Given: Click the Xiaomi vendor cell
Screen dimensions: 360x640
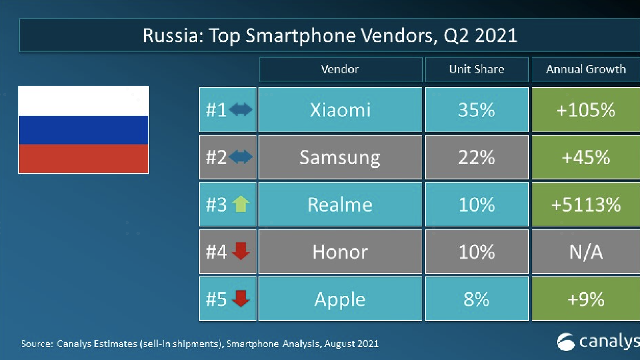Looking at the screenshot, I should coord(340,110).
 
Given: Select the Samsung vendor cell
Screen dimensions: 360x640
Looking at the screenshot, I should coord(340,157).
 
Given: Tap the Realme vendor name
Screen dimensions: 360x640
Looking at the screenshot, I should coord(340,205).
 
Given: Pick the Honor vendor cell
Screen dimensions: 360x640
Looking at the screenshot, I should coord(340,252).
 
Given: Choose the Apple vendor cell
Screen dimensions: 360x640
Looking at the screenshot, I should coord(340,299).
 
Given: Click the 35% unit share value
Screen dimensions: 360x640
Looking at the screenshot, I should coord(476,110).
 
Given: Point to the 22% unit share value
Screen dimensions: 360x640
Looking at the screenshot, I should coord(476,157).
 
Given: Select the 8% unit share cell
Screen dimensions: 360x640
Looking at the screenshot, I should coord(476,299).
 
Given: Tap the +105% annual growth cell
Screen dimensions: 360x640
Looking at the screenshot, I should coord(586,110).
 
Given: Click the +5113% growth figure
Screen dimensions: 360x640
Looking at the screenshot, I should coord(586,205).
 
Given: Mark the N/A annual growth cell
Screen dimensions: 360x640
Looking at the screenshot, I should coord(586,252).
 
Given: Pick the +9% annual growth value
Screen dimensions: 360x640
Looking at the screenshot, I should coord(586,299).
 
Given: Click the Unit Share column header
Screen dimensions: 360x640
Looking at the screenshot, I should coord(476,69).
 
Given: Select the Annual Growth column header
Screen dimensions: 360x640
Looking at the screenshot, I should coord(586,69).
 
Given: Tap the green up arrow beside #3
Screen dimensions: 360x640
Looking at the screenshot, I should coord(241,204).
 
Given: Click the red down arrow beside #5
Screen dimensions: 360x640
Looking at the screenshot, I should coord(241,298).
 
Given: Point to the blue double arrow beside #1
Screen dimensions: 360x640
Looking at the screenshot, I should coord(241,109).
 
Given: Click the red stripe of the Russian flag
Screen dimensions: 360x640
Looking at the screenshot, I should coord(84,159).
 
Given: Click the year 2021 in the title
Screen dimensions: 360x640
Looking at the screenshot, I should coord(496,36).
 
